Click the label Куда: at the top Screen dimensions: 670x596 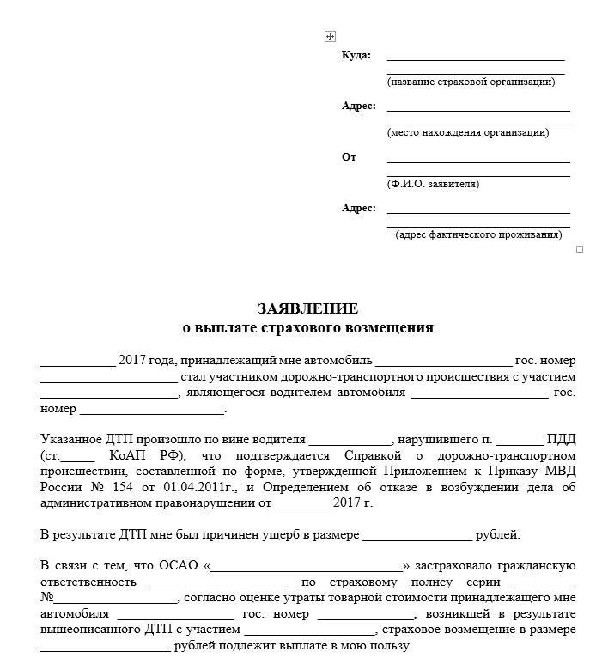[356, 55]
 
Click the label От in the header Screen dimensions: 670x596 [349, 157]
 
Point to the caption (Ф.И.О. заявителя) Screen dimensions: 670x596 [433, 184]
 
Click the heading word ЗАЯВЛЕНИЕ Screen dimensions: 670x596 [308, 309]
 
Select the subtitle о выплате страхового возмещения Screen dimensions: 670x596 [308, 327]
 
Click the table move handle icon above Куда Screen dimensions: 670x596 [330, 36]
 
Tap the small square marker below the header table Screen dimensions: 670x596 [580, 249]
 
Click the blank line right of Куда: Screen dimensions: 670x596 [476, 58]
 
